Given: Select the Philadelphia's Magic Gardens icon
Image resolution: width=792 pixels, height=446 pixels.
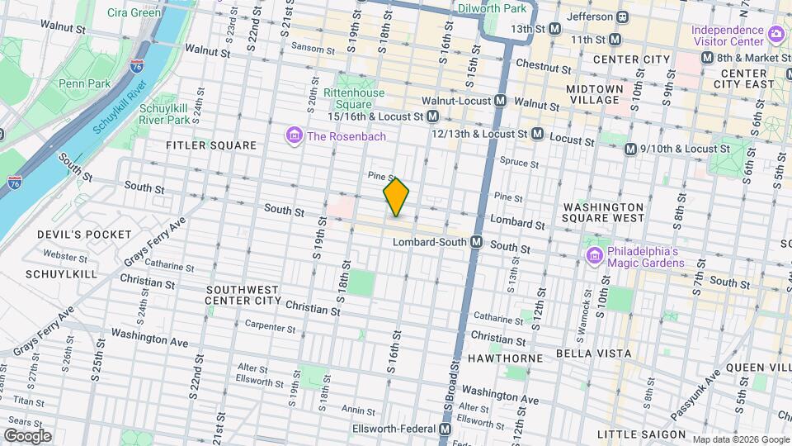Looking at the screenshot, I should [x=593, y=257].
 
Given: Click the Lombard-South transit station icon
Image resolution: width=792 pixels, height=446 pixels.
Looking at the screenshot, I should [x=476, y=243].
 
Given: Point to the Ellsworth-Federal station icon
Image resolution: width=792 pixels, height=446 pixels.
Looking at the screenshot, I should [x=445, y=429].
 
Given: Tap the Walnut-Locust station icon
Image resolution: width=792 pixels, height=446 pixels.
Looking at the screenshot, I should [x=501, y=101].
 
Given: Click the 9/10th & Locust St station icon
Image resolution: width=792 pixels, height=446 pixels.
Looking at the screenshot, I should [x=630, y=149].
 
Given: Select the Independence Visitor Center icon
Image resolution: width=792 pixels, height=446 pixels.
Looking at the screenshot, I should [x=775, y=34].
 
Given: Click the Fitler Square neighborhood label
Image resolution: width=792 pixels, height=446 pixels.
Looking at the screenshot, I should [x=211, y=145].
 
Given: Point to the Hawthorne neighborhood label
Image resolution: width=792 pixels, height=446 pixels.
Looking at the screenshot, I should [x=506, y=358].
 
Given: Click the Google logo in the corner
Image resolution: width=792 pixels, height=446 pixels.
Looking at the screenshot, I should [x=27, y=435].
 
